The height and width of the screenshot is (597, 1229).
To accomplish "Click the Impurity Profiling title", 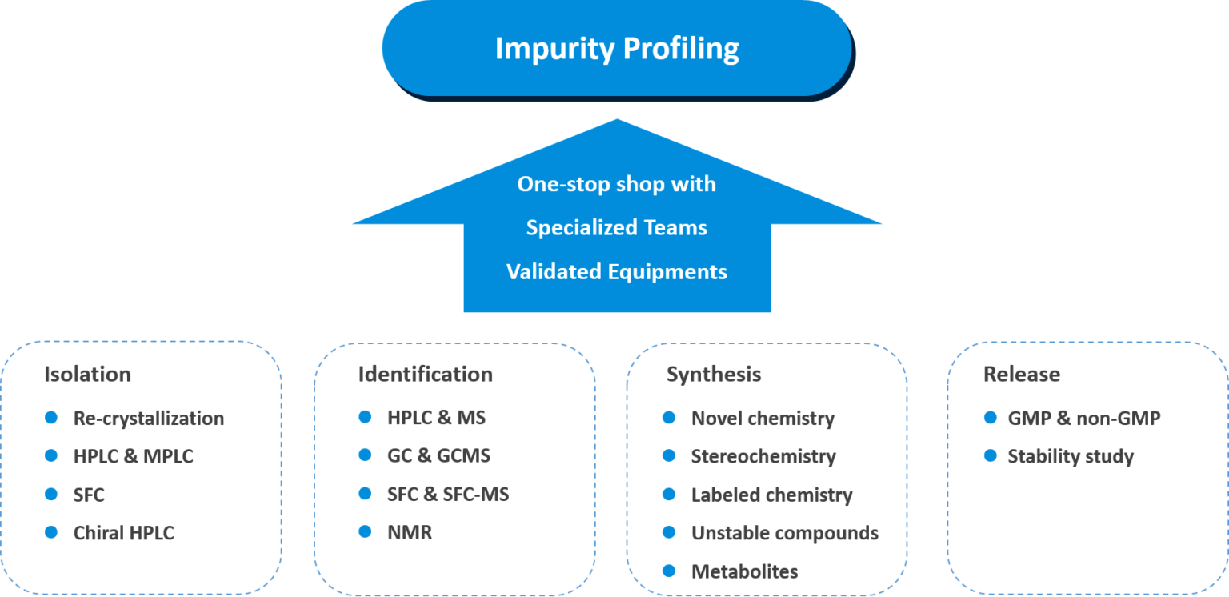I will tap(616, 49).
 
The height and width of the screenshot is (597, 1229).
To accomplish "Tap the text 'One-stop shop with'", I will tap(616, 184).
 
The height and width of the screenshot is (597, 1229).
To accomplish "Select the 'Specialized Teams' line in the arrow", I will tap(616, 228).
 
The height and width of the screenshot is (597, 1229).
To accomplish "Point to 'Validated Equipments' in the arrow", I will tap(616, 272).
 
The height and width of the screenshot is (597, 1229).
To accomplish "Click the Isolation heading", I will tap(87, 375).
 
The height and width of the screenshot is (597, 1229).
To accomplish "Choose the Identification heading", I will tap(425, 375).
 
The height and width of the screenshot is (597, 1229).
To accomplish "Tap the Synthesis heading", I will tap(714, 375).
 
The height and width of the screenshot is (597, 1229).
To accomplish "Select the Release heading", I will tap(1021, 375).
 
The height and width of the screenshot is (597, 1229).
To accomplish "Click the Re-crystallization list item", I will tap(149, 419).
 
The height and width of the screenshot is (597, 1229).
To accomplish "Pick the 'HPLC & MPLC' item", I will tap(133, 456).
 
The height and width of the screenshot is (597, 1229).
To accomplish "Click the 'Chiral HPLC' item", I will tap(123, 533).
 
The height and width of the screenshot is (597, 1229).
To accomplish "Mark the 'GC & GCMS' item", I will tap(438, 456).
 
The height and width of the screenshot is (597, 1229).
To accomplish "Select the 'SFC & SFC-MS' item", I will tap(447, 495).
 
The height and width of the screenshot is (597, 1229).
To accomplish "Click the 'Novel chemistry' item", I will tap(763, 419).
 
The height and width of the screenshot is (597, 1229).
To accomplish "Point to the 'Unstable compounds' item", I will tap(784, 533).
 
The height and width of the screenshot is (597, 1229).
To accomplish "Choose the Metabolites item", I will tap(744, 571).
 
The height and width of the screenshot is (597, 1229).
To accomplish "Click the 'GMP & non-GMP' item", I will tap(1083, 418).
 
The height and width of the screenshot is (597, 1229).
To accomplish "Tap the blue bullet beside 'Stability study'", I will tap(991, 455).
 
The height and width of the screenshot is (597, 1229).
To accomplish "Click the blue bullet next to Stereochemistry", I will tap(669, 455).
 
